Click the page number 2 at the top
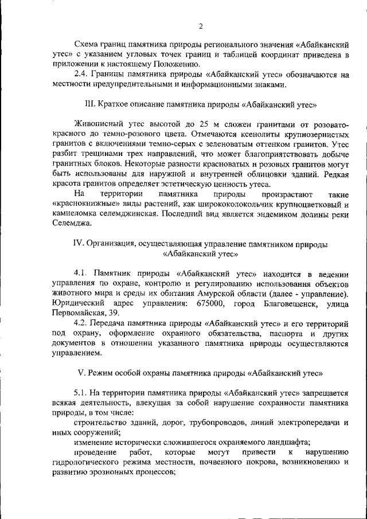[201, 25]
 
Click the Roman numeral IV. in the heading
[79, 244]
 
